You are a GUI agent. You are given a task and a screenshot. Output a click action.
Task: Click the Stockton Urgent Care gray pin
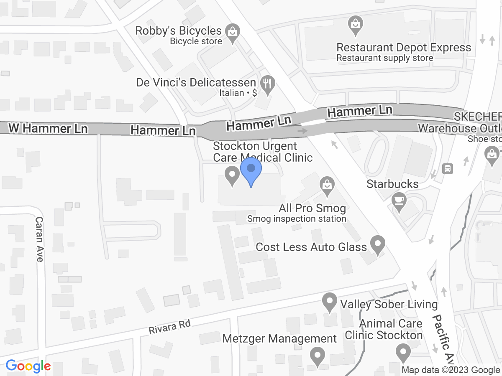[231, 175]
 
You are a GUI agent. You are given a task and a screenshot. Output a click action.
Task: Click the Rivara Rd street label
[169, 327]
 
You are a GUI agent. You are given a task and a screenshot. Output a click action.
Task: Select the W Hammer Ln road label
[49, 128]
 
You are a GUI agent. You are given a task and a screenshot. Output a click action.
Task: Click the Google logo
[28, 366]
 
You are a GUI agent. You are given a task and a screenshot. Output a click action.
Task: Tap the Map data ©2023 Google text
[451, 370]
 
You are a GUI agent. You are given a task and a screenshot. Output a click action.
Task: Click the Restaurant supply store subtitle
[384, 58]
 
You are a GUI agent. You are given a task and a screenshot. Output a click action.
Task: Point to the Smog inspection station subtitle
[297, 218]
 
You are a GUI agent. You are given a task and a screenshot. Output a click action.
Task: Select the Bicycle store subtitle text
[196, 41]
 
